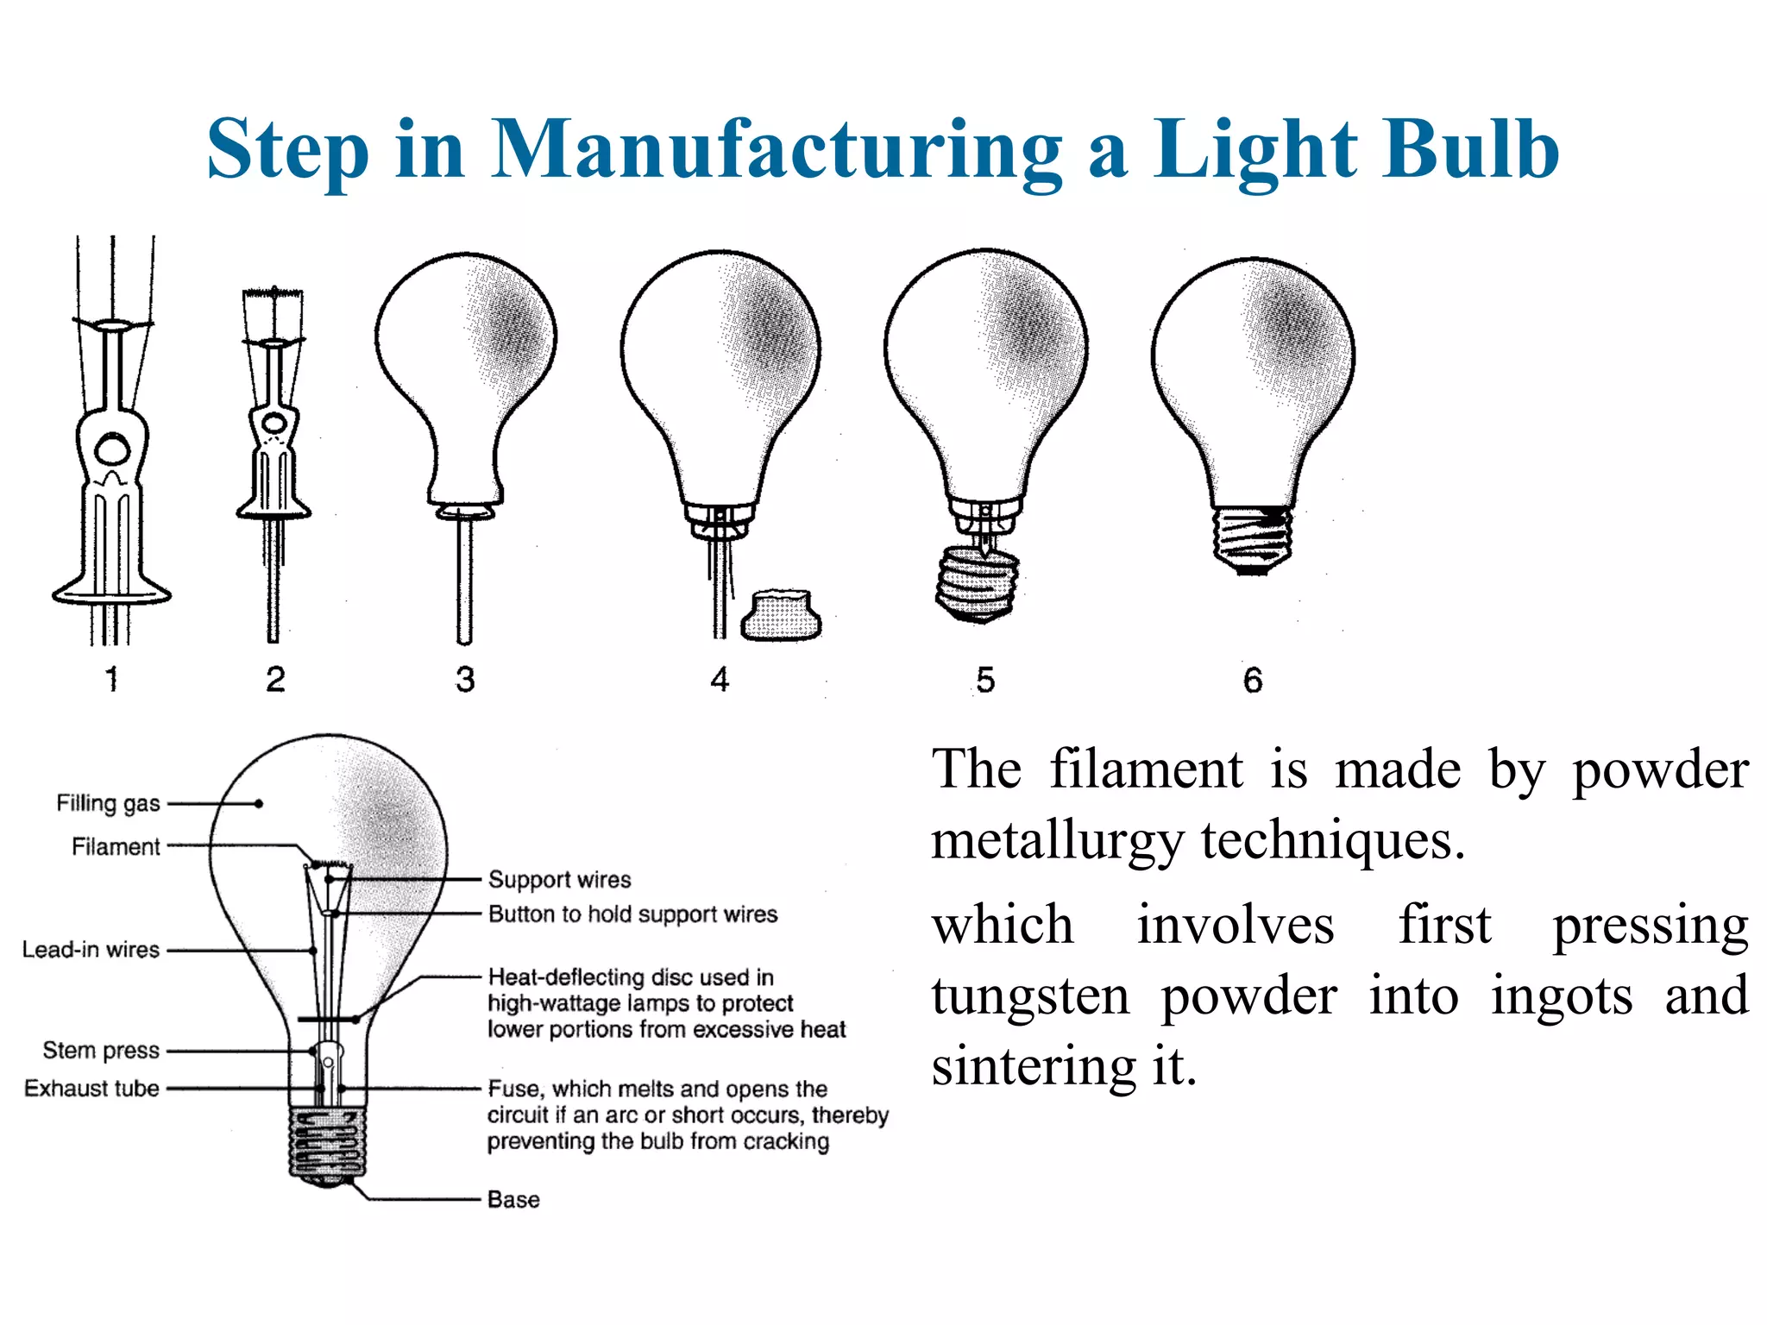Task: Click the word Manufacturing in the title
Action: point(777,151)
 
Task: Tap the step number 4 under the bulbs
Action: point(720,680)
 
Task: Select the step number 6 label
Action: point(1253,681)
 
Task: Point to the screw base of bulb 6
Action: point(1252,540)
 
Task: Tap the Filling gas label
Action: point(108,803)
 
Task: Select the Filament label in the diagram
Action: point(116,847)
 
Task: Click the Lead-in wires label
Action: point(91,950)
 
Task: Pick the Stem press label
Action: point(101,1051)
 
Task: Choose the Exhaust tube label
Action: point(91,1089)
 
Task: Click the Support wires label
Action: point(559,880)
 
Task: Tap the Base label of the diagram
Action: point(513,1200)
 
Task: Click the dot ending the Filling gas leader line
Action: point(259,804)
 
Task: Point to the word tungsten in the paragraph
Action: point(1030,996)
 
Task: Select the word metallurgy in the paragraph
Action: point(1057,841)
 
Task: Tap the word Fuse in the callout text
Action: point(515,1089)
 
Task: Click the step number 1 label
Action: point(111,680)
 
